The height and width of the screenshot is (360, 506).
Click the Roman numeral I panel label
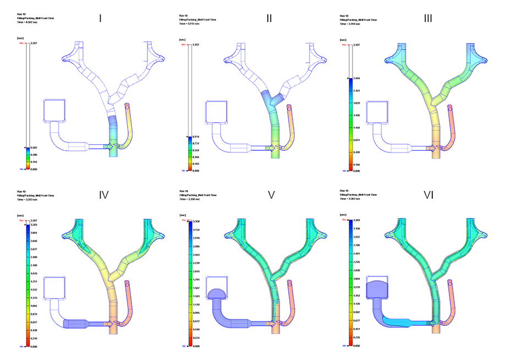(x=100, y=18)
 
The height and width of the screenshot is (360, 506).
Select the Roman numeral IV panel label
(x=103, y=194)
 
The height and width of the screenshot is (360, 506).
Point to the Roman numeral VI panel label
(x=431, y=194)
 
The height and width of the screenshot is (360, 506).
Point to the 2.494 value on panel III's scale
(x=356, y=78)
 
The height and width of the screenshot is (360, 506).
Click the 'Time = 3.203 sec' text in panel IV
(x=29, y=199)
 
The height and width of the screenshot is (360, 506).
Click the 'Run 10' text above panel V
(x=184, y=191)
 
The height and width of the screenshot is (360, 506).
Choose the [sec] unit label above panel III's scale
(x=343, y=40)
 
